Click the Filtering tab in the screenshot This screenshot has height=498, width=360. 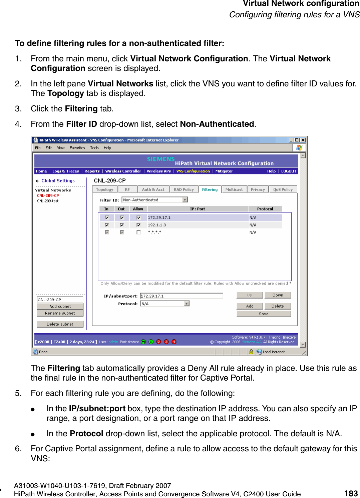[210, 189]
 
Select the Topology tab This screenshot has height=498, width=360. [104, 189]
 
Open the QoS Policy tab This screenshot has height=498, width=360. [283, 189]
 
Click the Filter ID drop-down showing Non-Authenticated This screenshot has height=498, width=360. [155, 200]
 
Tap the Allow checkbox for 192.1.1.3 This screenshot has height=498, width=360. [138, 225]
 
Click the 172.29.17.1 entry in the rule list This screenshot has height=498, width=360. [159, 217]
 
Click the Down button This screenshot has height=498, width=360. [278, 295]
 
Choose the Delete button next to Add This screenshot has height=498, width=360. [277, 306]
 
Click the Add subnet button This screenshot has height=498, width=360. [60, 306]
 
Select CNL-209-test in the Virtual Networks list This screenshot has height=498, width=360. [48, 201]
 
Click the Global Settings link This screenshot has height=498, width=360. [58, 180]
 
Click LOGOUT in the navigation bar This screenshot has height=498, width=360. [289, 171]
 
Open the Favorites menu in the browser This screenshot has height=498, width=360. [77, 148]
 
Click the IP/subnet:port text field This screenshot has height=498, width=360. [182, 296]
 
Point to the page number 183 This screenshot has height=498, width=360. [351, 493]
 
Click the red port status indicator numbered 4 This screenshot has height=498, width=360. [174, 342]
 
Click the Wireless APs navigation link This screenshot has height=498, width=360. [158, 171]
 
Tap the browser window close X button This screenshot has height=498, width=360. [303, 140]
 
